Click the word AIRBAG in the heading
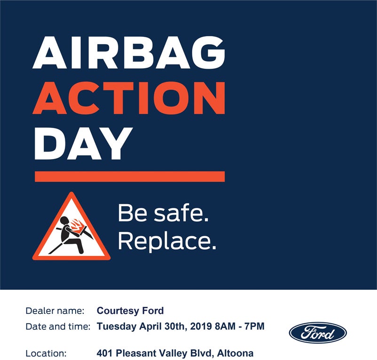pos(129,52)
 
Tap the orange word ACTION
pos(129,98)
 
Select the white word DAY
pos(83,144)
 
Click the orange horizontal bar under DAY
pos(130,176)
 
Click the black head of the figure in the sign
pos(64,221)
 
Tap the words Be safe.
pos(163,213)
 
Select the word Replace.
pos(167,241)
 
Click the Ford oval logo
pos(318,333)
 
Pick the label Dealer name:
pos(55,311)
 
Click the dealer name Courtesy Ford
pos(130,311)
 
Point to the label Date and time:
pos(58,327)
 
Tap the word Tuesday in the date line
pos(117,327)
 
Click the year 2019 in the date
pos(201,326)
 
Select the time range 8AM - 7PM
pos(240,326)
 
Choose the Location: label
pos(46,353)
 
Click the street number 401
pos(105,353)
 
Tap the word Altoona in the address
pos(235,353)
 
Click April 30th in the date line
pos(162,327)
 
